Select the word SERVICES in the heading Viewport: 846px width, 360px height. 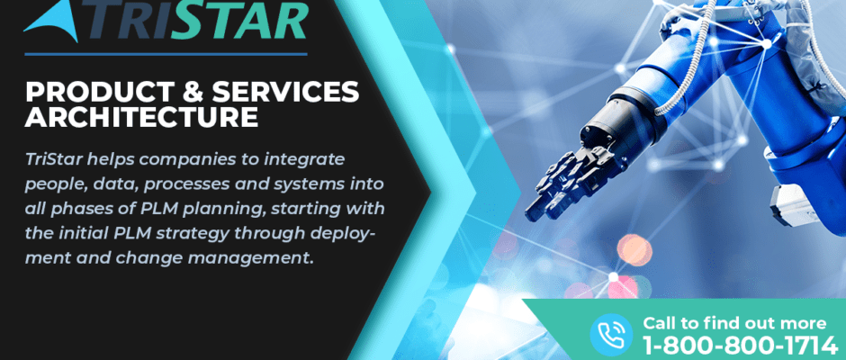286,92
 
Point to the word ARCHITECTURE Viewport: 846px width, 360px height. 141,117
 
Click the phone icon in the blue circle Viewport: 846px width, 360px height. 611,335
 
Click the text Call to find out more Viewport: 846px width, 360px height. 734,323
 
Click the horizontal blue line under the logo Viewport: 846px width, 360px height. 166,54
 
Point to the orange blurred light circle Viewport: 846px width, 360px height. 634,250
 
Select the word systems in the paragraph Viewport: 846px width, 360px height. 313,184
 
